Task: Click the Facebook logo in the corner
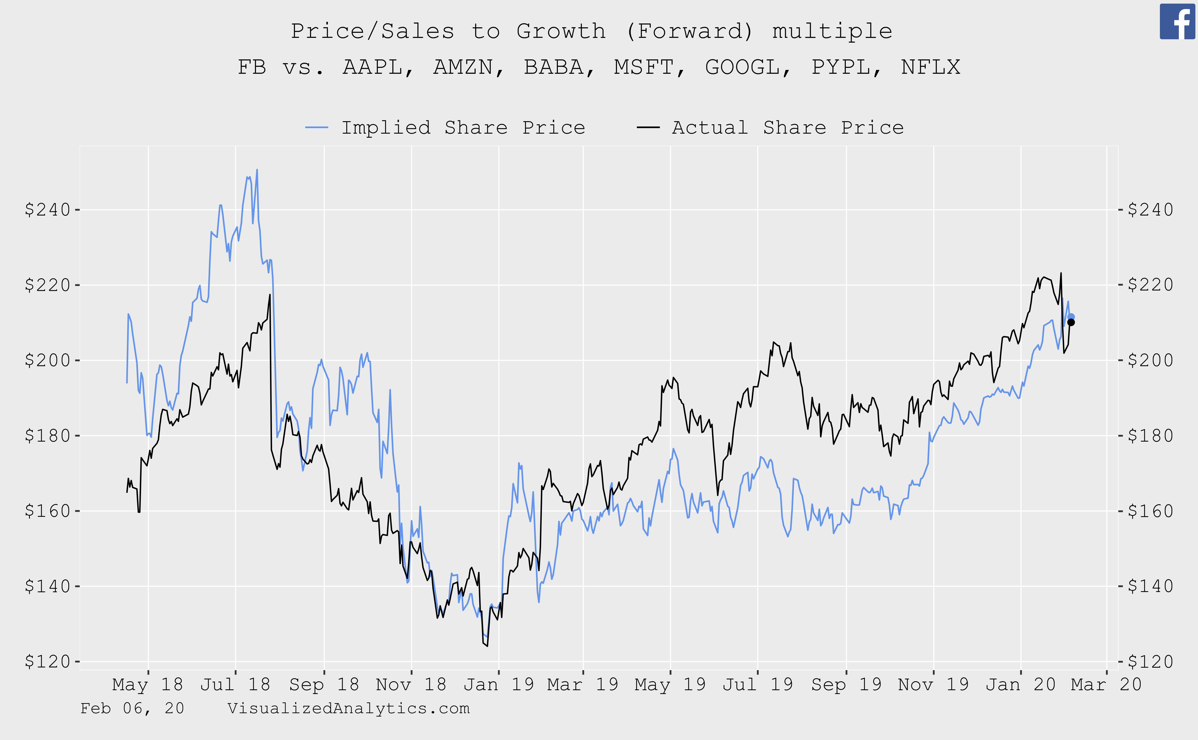tap(1177, 22)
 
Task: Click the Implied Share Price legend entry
tap(445, 128)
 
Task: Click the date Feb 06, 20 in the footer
tap(132, 708)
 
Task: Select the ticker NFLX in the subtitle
tap(931, 67)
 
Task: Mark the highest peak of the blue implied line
tap(257, 170)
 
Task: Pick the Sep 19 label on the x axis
tap(846, 684)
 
